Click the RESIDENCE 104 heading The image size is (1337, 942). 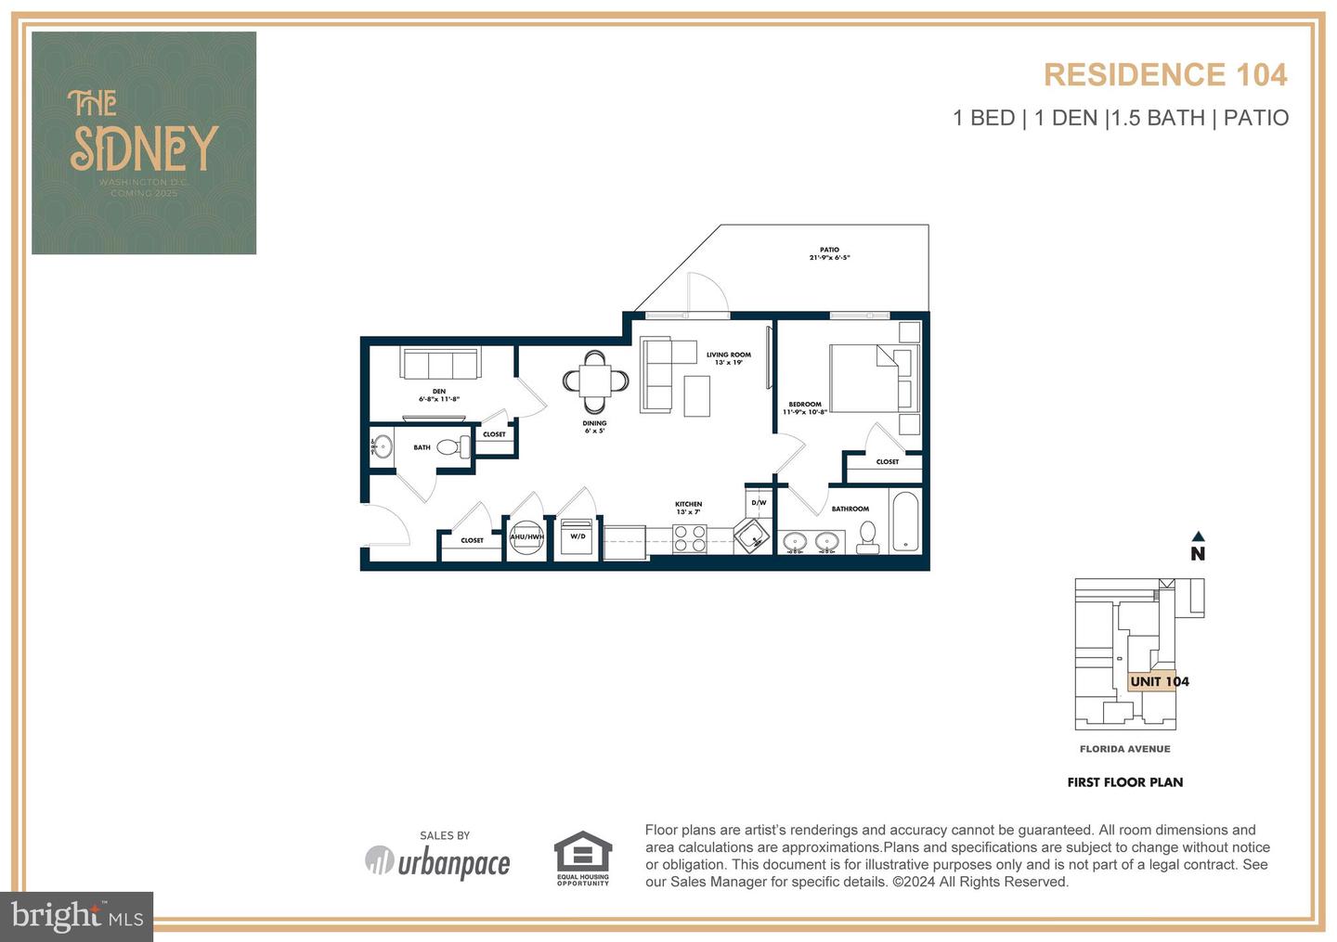pos(1165,74)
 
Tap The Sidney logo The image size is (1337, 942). pos(144,143)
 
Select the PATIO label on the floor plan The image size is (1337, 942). pos(829,250)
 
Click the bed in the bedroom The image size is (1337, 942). pos(873,378)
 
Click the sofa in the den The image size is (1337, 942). pos(439,363)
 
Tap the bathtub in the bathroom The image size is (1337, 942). pos(905,522)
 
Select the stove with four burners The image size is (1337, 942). pos(689,538)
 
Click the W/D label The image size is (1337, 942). pos(578,536)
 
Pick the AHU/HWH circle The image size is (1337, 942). pos(526,537)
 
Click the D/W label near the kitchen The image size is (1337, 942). pos(759,503)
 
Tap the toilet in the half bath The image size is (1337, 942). pos(449,447)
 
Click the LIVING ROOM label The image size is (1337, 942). pos(728,355)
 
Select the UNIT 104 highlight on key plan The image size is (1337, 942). pos(1159,681)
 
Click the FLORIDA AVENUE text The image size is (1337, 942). pos(1124,749)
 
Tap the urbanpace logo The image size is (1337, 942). pos(437,862)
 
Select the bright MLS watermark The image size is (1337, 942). pos(78,916)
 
